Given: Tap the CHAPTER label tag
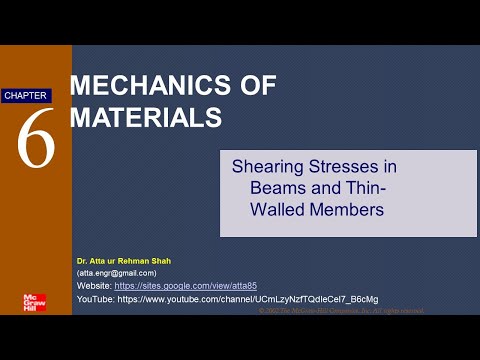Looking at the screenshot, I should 25,96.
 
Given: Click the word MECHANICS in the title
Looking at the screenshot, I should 138,86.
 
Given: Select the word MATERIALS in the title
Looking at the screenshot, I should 145,117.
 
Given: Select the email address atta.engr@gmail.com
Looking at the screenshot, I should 118,273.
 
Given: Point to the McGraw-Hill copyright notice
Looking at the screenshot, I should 340,311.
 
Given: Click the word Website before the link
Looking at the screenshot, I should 94,285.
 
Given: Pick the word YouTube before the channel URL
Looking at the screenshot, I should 95,298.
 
